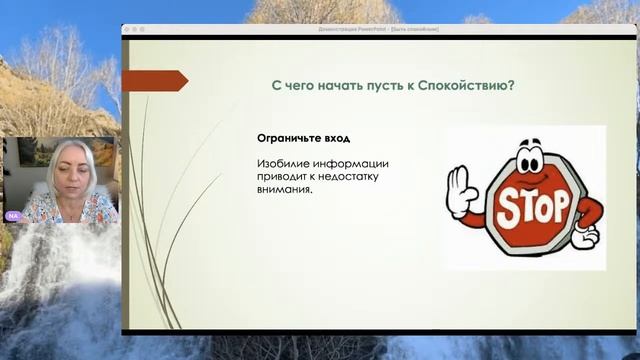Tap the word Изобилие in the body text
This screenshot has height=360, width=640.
282,163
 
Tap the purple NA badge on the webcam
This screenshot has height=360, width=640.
13,216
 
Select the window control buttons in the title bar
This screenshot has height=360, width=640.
133,29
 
